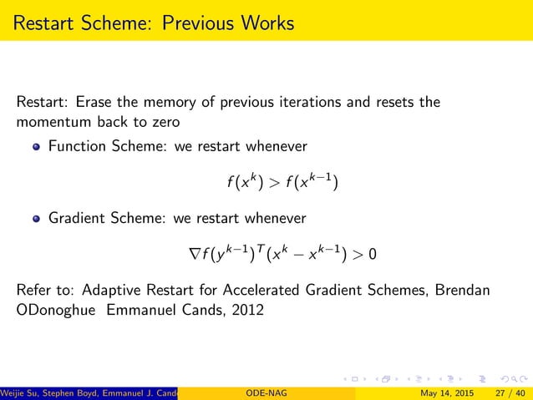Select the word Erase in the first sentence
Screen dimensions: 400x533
[x=96, y=103]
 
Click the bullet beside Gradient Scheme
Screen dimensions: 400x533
[x=35, y=219]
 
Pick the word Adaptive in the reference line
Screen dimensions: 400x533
[x=116, y=291]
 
